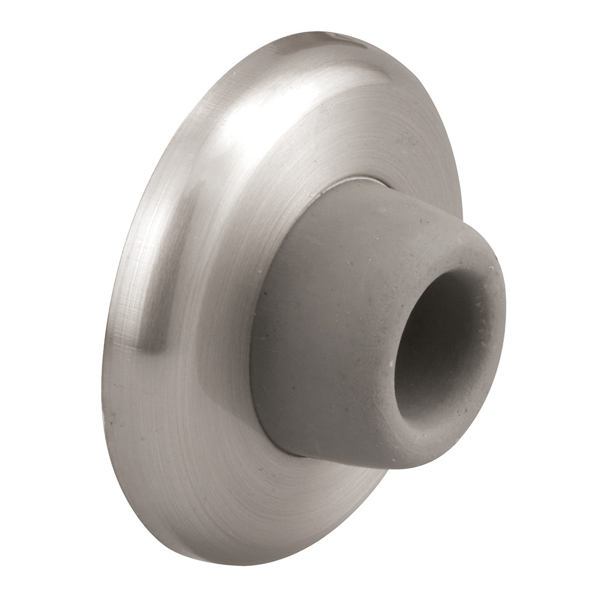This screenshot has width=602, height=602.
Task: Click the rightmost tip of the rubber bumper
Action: pyautogui.click(x=504, y=301)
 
